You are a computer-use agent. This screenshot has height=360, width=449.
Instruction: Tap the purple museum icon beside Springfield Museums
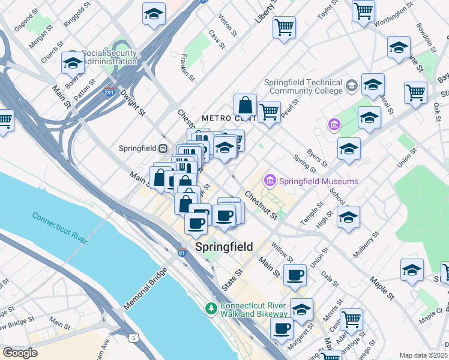coord(270,181)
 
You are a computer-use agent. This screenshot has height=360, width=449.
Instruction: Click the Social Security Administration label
coord(110,57)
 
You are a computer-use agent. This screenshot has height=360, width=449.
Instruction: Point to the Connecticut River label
coord(60,228)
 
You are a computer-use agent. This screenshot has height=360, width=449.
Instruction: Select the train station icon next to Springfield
coord(162,148)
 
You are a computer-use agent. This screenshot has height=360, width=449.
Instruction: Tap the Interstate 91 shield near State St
coord(182,253)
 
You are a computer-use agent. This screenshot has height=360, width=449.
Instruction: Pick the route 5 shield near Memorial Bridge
coord(133,338)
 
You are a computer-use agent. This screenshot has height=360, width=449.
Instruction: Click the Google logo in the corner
coord(20,353)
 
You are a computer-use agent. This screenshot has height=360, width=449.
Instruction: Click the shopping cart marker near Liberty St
coord(284,26)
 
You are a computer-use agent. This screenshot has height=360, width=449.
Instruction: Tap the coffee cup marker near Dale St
coord(295,275)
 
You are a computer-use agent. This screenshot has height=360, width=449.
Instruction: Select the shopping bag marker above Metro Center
coord(245,106)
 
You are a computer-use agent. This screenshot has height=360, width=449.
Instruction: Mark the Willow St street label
coord(281,252)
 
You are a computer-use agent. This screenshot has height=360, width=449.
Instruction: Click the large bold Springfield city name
coord(224,247)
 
